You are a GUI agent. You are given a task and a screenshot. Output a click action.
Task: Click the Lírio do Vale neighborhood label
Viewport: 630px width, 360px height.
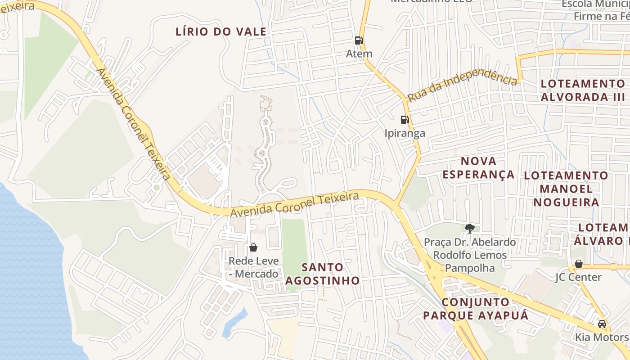[x=221, y=32]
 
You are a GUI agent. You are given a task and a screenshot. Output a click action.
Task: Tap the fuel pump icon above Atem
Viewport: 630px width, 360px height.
[x=359, y=40]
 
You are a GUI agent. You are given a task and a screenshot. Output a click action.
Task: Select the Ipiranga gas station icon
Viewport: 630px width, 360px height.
[x=405, y=120]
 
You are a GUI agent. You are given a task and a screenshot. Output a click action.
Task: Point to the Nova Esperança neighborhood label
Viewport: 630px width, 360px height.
[x=479, y=168]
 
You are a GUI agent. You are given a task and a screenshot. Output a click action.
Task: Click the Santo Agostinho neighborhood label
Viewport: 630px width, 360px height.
[x=323, y=274]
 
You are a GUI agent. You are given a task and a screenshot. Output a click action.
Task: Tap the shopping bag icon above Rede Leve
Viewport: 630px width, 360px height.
[x=253, y=247]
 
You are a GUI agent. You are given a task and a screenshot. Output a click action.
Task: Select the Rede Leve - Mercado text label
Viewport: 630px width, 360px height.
[x=253, y=267]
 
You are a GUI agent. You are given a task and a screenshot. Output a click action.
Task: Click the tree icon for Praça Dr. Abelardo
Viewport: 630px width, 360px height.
[x=470, y=229]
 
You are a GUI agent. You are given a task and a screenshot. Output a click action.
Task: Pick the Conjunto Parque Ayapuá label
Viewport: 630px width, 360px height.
[x=476, y=309]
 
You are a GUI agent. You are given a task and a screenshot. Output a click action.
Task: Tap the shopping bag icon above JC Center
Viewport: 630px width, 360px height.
[x=579, y=264]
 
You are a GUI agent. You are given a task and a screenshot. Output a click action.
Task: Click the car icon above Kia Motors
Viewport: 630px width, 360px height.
[x=602, y=324]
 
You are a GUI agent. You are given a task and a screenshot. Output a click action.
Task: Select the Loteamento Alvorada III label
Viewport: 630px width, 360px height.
[x=583, y=90]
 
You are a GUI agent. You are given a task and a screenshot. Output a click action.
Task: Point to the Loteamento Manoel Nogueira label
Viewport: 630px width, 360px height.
[x=566, y=189]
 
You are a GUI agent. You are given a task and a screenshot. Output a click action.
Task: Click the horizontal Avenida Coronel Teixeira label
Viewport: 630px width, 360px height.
[x=295, y=204]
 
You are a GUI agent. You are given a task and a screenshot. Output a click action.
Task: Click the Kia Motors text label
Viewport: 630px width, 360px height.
[x=601, y=337]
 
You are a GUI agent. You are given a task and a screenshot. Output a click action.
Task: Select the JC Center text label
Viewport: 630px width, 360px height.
[x=578, y=277]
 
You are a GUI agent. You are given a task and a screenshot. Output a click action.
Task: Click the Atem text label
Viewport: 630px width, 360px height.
[x=359, y=54]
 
